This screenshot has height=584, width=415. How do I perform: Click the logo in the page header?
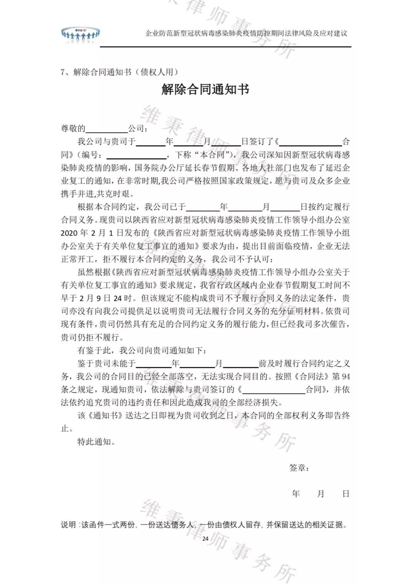(80, 35)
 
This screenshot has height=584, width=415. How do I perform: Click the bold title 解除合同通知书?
(205, 89)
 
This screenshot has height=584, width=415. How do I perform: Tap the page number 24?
(205, 538)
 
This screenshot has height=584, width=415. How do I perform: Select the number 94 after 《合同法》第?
(345, 376)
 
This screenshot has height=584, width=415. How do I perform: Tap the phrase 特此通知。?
(96, 442)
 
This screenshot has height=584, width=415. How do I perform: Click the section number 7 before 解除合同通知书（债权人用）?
(63, 72)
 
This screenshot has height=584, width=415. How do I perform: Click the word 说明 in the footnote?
(68, 524)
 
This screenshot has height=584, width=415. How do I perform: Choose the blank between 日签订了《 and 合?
(310, 142)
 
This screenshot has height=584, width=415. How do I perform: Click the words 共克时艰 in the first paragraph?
(111, 194)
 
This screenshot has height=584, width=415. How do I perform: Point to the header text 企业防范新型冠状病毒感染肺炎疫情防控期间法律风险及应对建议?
(246, 33)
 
